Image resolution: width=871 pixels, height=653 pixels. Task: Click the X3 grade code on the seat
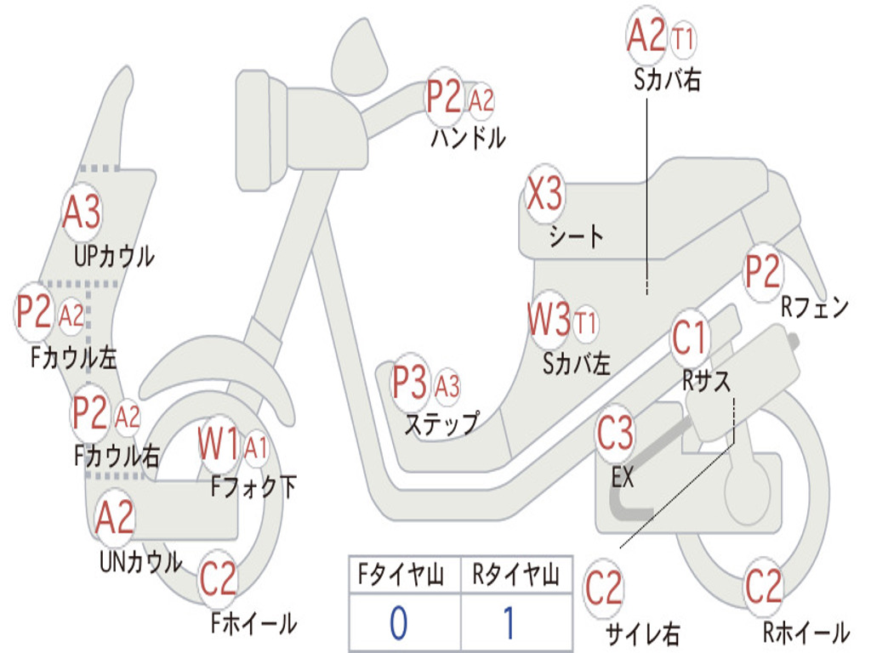click(x=544, y=194)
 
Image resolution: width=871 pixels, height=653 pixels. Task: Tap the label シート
click(x=576, y=236)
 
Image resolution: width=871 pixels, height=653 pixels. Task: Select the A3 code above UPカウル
click(x=82, y=212)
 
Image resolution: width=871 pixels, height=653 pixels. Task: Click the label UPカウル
click(x=115, y=257)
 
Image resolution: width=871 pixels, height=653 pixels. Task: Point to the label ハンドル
click(x=469, y=138)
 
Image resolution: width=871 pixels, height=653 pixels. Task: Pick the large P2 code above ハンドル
click(x=444, y=97)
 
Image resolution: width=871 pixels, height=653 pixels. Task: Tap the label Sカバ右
click(x=667, y=79)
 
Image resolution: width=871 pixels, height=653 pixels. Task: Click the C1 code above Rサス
click(x=689, y=338)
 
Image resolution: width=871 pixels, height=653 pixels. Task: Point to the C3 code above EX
click(x=615, y=433)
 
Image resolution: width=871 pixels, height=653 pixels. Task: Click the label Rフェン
click(x=815, y=306)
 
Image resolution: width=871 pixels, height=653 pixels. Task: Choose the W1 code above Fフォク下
click(x=219, y=444)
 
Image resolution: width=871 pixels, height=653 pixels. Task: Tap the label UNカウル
click(x=140, y=561)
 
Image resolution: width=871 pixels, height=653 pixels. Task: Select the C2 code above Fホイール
click(x=218, y=578)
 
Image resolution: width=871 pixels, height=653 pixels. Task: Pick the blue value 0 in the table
click(x=398, y=622)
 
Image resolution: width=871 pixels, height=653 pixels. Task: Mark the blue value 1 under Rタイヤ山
click(x=509, y=622)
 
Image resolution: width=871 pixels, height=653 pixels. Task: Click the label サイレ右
click(x=643, y=633)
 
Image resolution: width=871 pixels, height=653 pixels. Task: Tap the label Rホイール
click(x=806, y=632)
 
